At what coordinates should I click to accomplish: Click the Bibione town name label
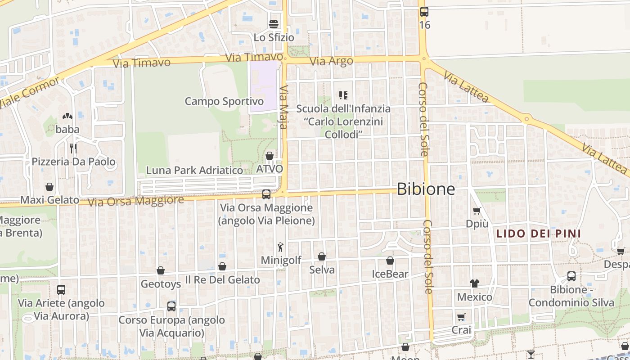[x=426, y=189]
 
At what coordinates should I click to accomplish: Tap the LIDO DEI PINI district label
[x=538, y=234]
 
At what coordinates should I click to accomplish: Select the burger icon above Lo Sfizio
[x=274, y=24]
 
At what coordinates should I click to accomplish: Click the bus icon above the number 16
[x=424, y=12]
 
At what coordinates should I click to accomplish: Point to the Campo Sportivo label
[x=224, y=101]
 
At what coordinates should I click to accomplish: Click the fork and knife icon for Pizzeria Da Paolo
[x=73, y=148]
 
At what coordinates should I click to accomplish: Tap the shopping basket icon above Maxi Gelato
[x=49, y=187]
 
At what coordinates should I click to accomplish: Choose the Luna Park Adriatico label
[x=194, y=171]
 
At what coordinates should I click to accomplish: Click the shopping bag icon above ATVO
[x=270, y=156]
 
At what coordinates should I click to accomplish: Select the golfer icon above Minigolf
[x=281, y=247]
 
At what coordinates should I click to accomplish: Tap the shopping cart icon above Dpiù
[x=477, y=211]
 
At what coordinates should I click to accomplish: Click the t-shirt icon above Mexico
[x=475, y=283]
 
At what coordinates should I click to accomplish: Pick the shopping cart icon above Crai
[x=461, y=317]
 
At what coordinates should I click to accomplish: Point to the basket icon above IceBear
[x=390, y=261]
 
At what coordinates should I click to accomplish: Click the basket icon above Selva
[x=322, y=256]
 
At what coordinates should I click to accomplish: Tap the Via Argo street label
[x=332, y=61]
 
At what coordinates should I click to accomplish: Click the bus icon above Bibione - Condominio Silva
[x=571, y=276]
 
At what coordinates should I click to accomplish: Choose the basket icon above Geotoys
[x=161, y=270]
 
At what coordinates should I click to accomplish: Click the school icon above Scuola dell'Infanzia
[x=343, y=95]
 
